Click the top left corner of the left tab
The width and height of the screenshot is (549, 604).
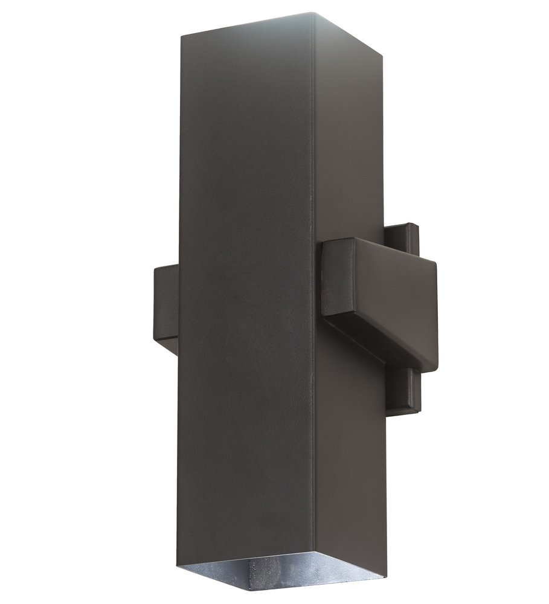click(156, 266)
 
